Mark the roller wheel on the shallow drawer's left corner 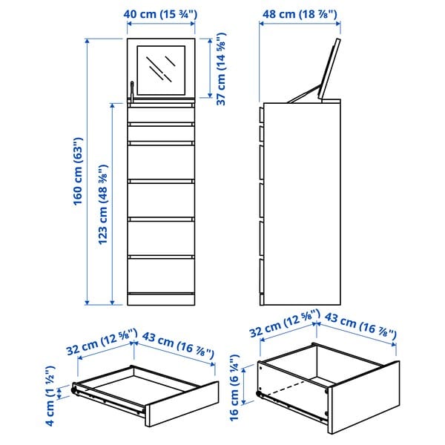(x=74, y=388)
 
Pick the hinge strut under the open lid (x=304, y=94)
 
